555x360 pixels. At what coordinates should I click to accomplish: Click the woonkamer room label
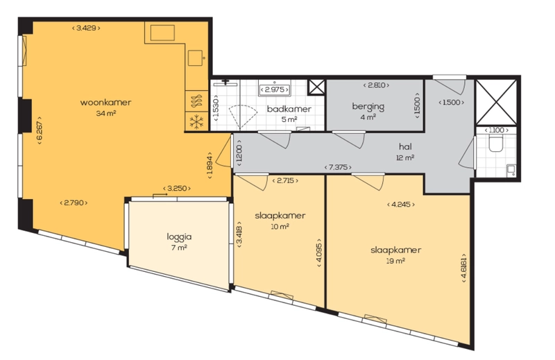pyautogui.click(x=105, y=103)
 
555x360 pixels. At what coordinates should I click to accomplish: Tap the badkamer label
pyautogui.click(x=289, y=109)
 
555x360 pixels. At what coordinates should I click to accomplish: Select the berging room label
pyautogui.click(x=368, y=107)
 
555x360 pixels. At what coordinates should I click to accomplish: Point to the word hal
pyautogui.click(x=405, y=146)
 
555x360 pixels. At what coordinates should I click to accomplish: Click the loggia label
pyautogui.click(x=179, y=237)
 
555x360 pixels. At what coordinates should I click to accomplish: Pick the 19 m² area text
pyautogui.click(x=395, y=262)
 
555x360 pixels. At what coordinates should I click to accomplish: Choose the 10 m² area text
pyautogui.click(x=280, y=227)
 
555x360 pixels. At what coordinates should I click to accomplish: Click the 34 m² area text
pyautogui.click(x=106, y=114)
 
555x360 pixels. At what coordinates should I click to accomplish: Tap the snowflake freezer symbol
pyautogui.click(x=196, y=122)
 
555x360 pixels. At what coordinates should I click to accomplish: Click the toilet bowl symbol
pyautogui.click(x=495, y=144)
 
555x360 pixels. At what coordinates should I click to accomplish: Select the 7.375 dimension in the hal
pyautogui.click(x=338, y=167)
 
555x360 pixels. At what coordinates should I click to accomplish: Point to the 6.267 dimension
pyautogui.click(x=40, y=130)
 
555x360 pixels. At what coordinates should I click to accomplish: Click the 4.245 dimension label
pyautogui.click(x=401, y=204)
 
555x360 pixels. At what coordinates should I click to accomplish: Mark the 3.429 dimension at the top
pyautogui.click(x=86, y=28)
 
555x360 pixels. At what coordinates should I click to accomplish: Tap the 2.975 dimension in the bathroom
pyautogui.click(x=274, y=90)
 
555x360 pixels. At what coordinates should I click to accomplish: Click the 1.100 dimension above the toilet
pyautogui.click(x=496, y=130)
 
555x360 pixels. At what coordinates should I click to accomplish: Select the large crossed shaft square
pyautogui.click(x=495, y=102)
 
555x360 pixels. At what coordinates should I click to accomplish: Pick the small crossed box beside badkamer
pyautogui.click(x=316, y=87)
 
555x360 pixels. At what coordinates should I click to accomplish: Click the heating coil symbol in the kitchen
pyautogui.click(x=196, y=101)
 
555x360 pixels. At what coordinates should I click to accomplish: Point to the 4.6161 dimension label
pyautogui.click(x=463, y=268)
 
